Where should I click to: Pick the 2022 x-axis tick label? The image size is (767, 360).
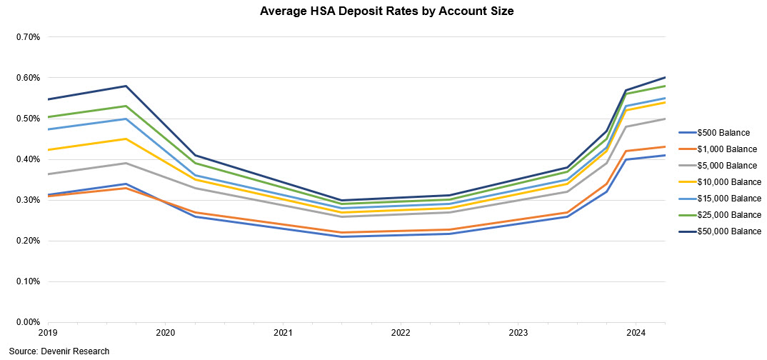[400, 334]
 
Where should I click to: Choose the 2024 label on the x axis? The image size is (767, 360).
[636, 334]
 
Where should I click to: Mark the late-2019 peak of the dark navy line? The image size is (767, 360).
[126, 86]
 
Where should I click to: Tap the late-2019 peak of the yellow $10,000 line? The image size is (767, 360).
[126, 139]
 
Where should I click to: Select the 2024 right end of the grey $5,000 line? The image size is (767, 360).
[665, 119]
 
